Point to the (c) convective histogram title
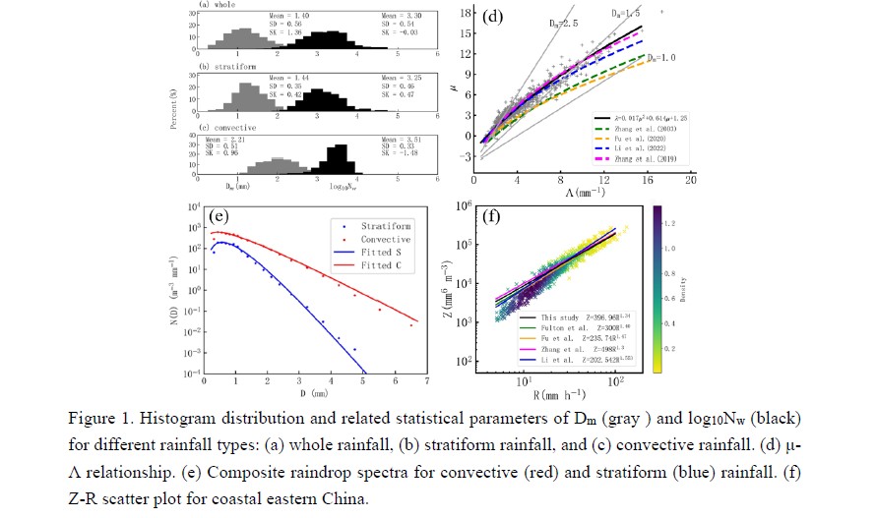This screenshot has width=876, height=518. (x=227, y=128)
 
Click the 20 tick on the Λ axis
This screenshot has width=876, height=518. (x=691, y=180)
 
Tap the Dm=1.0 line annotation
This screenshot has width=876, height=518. (x=658, y=58)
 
